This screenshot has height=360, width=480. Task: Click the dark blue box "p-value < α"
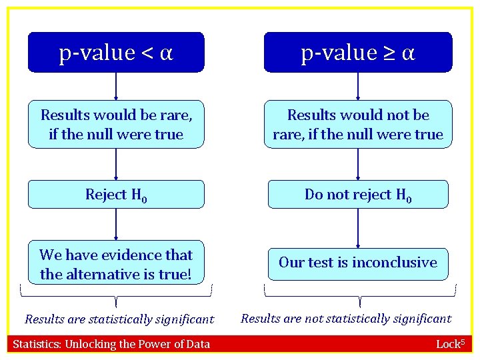pos(116,52)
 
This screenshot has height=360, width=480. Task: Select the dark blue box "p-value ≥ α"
pos(358,52)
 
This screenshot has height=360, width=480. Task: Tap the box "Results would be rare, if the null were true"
pos(116,124)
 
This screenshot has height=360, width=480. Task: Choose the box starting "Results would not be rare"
pos(358,124)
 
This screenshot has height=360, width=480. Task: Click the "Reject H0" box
pos(116,195)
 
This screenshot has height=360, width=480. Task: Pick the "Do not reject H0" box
pos(358,195)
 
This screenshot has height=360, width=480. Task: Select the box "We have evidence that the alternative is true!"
pos(116,264)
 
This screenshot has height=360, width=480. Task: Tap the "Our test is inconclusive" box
pos(358,263)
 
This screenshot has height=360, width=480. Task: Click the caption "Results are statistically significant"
pos(119,319)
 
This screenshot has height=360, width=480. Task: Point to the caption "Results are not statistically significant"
pos(346,319)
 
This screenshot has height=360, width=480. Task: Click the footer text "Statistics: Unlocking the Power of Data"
pos(111,344)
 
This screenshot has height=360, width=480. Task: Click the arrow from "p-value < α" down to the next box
pos(116,86)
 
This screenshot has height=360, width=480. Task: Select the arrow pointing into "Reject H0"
pos(116,164)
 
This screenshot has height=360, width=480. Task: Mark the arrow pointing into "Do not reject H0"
pos(358,164)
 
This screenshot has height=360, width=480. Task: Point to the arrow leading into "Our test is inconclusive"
pos(358,228)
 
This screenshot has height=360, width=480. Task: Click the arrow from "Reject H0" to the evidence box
pos(116,224)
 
